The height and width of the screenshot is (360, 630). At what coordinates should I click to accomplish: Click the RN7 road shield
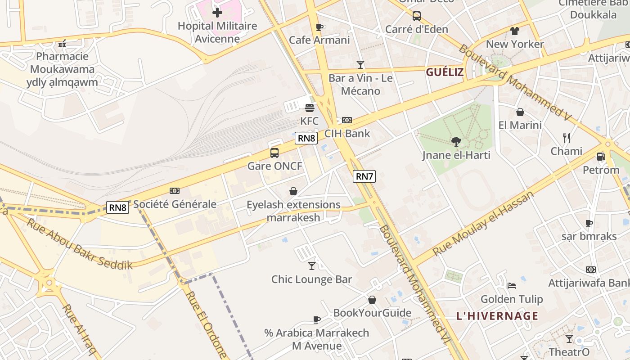(364, 176)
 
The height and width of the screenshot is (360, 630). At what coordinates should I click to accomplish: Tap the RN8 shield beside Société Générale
(118, 207)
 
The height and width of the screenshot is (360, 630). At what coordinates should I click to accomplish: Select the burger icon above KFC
(309, 108)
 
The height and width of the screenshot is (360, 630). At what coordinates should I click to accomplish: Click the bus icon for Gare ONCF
(274, 153)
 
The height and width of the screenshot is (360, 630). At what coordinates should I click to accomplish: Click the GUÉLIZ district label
(445, 72)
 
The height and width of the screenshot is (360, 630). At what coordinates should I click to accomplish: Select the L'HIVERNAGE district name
(497, 316)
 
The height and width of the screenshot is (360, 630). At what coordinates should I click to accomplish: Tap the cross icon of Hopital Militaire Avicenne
(217, 13)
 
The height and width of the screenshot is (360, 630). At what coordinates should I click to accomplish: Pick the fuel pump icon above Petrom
(601, 157)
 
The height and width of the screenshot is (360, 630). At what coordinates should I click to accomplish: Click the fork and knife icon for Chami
(567, 138)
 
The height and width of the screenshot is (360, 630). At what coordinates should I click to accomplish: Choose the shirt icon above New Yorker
(515, 31)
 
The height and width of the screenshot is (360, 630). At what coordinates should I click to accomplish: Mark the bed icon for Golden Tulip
(512, 286)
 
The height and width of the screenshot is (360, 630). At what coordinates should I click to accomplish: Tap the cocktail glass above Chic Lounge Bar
(311, 266)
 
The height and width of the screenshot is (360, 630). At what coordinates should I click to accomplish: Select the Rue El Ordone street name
(206, 324)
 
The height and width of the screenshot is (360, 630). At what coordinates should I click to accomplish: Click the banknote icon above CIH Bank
(347, 120)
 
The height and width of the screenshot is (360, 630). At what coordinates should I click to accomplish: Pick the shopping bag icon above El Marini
(520, 112)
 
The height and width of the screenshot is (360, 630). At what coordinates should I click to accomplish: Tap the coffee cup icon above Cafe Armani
(319, 27)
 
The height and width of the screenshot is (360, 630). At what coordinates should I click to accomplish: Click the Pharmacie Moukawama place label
(62, 69)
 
